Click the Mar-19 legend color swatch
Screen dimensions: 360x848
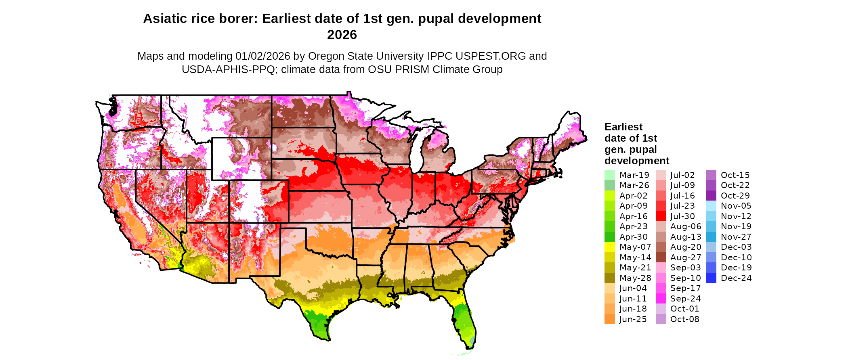tap(609, 175)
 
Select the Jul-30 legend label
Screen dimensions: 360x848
tap(682, 216)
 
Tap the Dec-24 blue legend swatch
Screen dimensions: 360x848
tap(711, 278)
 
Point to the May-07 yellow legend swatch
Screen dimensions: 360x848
tap(609, 247)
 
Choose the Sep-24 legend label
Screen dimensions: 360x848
tap(685, 299)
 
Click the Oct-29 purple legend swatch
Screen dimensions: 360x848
tap(711, 196)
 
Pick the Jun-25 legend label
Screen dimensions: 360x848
tap(633, 319)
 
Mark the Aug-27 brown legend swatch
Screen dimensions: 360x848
tap(661, 257)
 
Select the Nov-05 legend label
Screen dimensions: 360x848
tap(736, 206)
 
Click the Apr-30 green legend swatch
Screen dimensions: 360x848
tap(609, 237)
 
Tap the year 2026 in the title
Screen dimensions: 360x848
tap(342, 35)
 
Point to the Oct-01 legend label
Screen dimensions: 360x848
tap(684, 309)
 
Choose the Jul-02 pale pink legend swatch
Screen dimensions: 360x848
tap(661, 175)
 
